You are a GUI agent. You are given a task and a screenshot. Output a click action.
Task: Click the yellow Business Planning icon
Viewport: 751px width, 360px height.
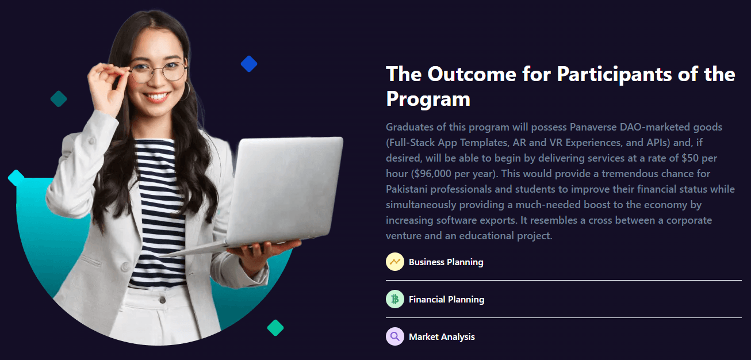(395, 262)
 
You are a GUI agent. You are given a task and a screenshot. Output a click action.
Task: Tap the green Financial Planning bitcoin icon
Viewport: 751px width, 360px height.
(395, 299)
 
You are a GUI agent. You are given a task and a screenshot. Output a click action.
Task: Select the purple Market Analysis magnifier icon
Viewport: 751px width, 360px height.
(395, 336)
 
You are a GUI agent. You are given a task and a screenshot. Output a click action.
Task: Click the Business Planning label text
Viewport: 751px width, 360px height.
(446, 262)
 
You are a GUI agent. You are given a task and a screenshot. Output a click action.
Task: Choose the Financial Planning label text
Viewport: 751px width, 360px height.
(447, 300)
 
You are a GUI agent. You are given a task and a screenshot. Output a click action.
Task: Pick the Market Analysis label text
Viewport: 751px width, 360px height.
(442, 336)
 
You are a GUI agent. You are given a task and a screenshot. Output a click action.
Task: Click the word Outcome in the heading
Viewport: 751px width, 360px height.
(472, 74)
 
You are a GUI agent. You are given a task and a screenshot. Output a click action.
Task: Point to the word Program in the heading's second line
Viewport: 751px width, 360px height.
(428, 99)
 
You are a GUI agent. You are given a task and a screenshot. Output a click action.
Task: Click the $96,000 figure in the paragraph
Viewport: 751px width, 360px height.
(432, 174)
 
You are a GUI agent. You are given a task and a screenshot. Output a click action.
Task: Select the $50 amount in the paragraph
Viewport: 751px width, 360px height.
(690, 158)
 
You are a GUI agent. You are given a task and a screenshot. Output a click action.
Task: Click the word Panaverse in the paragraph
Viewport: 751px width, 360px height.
(593, 127)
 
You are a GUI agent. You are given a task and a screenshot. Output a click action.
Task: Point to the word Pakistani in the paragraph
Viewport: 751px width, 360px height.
(407, 189)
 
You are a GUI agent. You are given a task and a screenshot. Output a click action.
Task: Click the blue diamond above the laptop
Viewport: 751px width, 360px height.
(249, 64)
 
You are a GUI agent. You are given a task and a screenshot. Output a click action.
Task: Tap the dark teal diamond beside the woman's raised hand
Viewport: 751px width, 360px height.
(59, 99)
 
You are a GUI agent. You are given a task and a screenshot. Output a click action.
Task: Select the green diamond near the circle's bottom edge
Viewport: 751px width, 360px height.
(275, 327)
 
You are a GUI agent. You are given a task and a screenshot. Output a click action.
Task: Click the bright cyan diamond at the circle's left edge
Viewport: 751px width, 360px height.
(16, 178)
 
